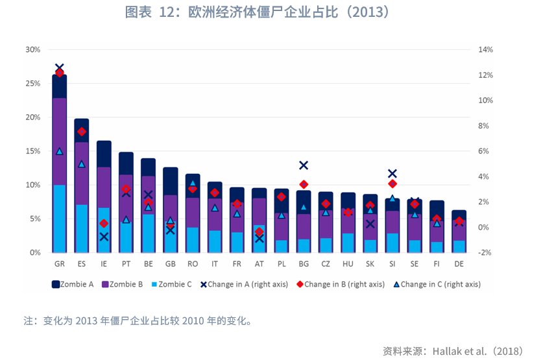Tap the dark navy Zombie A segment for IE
[x=104, y=154]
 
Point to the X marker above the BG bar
[x=304, y=165]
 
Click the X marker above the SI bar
[x=392, y=174]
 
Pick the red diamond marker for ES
[x=82, y=132]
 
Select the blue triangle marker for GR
[x=60, y=151]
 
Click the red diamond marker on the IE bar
[x=104, y=224]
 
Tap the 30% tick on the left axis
[x=32, y=50]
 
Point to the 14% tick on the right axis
[x=485, y=50]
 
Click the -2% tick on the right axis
[x=485, y=252]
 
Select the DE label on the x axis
[x=459, y=265]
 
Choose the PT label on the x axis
[x=126, y=265]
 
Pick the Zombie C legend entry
[x=172, y=284]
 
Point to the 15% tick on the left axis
[x=32, y=151]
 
